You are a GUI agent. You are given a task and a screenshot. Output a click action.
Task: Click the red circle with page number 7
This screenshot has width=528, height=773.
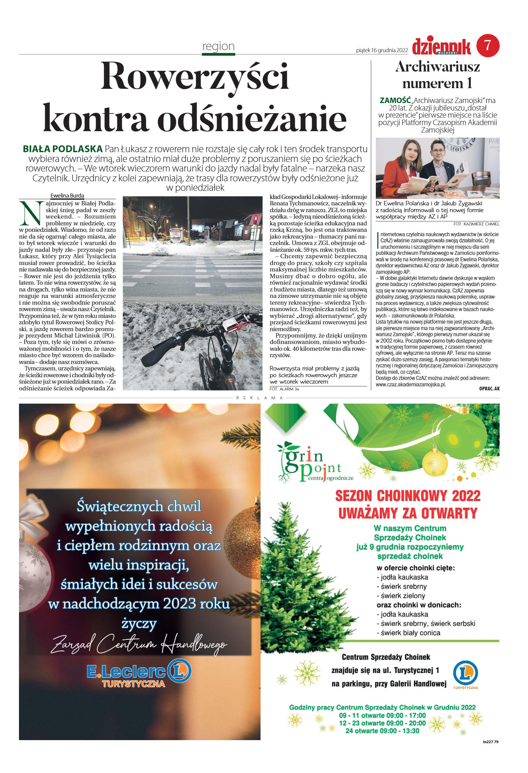(x=488, y=45)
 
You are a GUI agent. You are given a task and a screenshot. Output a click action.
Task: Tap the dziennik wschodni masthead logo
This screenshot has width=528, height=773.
(x=441, y=46)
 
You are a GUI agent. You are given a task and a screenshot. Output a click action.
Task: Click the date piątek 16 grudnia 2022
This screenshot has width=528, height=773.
(x=382, y=50)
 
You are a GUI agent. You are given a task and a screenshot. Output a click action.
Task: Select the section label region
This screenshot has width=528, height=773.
(x=218, y=46)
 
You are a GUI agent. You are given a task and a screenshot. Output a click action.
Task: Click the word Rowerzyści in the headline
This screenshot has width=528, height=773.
(x=195, y=76)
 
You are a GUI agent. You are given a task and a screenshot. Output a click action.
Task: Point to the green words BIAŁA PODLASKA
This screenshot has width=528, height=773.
(x=62, y=149)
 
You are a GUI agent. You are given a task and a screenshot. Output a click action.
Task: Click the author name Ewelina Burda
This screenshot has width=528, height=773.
(x=67, y=196)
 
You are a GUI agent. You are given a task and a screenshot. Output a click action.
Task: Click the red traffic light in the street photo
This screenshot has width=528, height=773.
(x=255, y=219)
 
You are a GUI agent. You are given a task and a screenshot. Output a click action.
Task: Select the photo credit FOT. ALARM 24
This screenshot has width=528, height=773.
(x=284, y=389)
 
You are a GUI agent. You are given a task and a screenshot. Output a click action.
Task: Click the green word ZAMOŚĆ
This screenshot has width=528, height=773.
(x=395, y=100)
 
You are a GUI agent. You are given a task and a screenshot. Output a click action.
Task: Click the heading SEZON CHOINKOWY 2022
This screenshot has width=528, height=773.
(x=408, y=496)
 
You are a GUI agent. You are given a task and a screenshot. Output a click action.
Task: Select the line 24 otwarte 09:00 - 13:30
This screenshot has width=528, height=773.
(x=382, y=731)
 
